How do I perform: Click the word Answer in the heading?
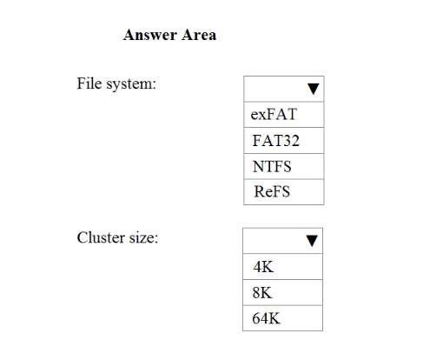(x=150, y=35)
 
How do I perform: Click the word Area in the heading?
(x=199, y=35)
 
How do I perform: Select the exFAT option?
(x=274, y=114)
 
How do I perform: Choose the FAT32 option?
(x=275, y=140)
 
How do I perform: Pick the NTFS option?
(x=272, y=166)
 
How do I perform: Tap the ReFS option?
(x=272, y=191)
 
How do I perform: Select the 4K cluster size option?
(x=263, y=267)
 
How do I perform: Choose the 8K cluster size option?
(x=262, y=292)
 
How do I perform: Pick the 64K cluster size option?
(x=266, y=318)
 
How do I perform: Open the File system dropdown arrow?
(x=314, y=89)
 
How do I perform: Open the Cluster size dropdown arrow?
(x=312, y=241)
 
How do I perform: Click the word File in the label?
(x=89, y=83)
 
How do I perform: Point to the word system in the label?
(x=129, y=85)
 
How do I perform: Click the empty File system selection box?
(x=284, y=89)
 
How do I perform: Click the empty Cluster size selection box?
(x=282, y=241)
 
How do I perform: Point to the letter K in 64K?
(x=273, y=318)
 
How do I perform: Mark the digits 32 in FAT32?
(x=291, y=140)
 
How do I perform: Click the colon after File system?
(x=155, y=85)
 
